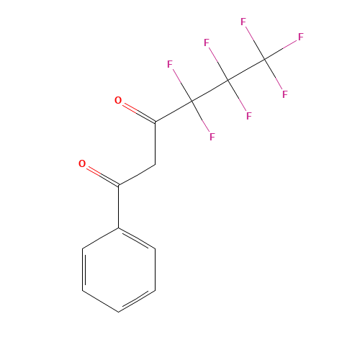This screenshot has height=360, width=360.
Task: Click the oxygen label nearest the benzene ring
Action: pos(82,163)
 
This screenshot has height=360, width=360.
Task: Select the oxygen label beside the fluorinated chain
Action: pos(118,100)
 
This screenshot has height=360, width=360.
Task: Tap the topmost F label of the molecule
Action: pos(243,22)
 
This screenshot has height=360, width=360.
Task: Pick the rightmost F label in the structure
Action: pos(301,37)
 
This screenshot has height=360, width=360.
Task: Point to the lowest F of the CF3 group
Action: pos(284,94)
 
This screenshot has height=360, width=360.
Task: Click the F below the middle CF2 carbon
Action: pos(248,116)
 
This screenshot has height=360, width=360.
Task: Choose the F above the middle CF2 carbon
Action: pos(207,42)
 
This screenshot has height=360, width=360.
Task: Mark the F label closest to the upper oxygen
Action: pos(170,64)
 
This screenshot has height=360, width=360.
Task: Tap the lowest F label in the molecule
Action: pos(212,137)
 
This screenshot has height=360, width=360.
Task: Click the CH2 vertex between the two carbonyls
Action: pos(155,165)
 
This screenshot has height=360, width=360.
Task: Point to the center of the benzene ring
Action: pos(119,270)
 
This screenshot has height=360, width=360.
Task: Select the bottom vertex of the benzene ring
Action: pos(119,312)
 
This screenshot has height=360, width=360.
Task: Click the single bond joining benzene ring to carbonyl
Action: pos(119,207)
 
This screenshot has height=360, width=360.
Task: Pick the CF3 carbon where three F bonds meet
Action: pos(264,59)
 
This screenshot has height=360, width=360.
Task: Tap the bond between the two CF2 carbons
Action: pos(210,91)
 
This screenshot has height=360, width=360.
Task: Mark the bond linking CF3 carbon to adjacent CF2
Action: pos(246,70)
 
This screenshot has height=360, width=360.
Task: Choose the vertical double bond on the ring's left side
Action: pos(84,270)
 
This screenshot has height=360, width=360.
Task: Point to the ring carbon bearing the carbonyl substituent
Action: pos(119,228)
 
